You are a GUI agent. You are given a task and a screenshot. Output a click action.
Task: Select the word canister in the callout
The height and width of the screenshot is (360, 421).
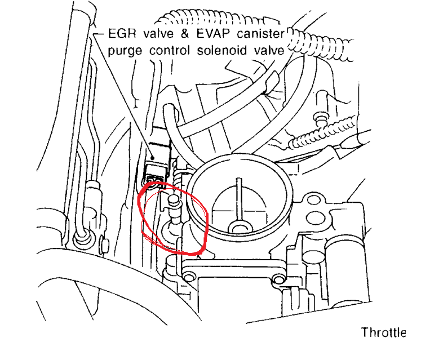point(261,34)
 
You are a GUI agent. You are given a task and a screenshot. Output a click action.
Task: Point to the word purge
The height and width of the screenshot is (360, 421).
point(125,51)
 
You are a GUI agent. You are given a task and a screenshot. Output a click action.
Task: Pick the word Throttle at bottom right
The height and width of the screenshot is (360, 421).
point(383,332)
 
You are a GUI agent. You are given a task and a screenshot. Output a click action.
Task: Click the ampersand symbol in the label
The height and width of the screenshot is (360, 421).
point(185,34)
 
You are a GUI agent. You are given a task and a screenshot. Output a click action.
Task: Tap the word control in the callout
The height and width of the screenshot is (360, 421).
point(170,51)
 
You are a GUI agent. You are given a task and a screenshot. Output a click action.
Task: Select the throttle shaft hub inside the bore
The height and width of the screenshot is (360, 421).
point(240,227)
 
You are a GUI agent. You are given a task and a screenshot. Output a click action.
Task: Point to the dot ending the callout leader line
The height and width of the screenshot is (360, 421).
point(153,158)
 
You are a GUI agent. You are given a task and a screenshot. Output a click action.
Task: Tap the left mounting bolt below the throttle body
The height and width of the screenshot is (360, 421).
point(189,277)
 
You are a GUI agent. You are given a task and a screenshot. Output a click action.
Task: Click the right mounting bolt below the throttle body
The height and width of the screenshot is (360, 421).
point(279,280)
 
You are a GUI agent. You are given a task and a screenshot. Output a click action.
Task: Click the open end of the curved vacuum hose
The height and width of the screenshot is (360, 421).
point(170,108)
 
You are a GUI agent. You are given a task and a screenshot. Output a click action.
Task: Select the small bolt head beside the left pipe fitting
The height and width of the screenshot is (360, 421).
point(105,245)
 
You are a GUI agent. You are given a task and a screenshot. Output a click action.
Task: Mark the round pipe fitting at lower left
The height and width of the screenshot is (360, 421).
point(83,238)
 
